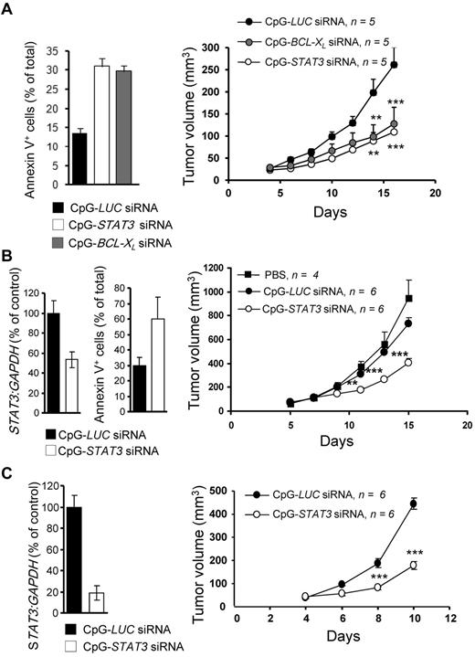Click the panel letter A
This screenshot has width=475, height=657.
pyautogui.click(x=7, y=8)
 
